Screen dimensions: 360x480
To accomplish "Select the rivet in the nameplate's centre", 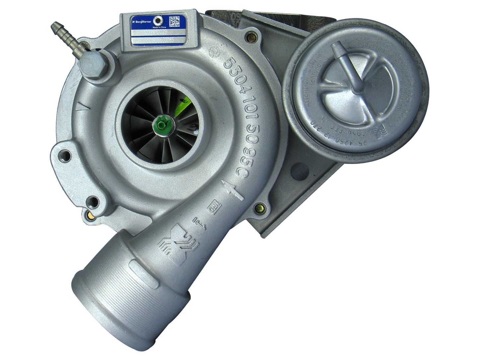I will click(161, 20).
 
